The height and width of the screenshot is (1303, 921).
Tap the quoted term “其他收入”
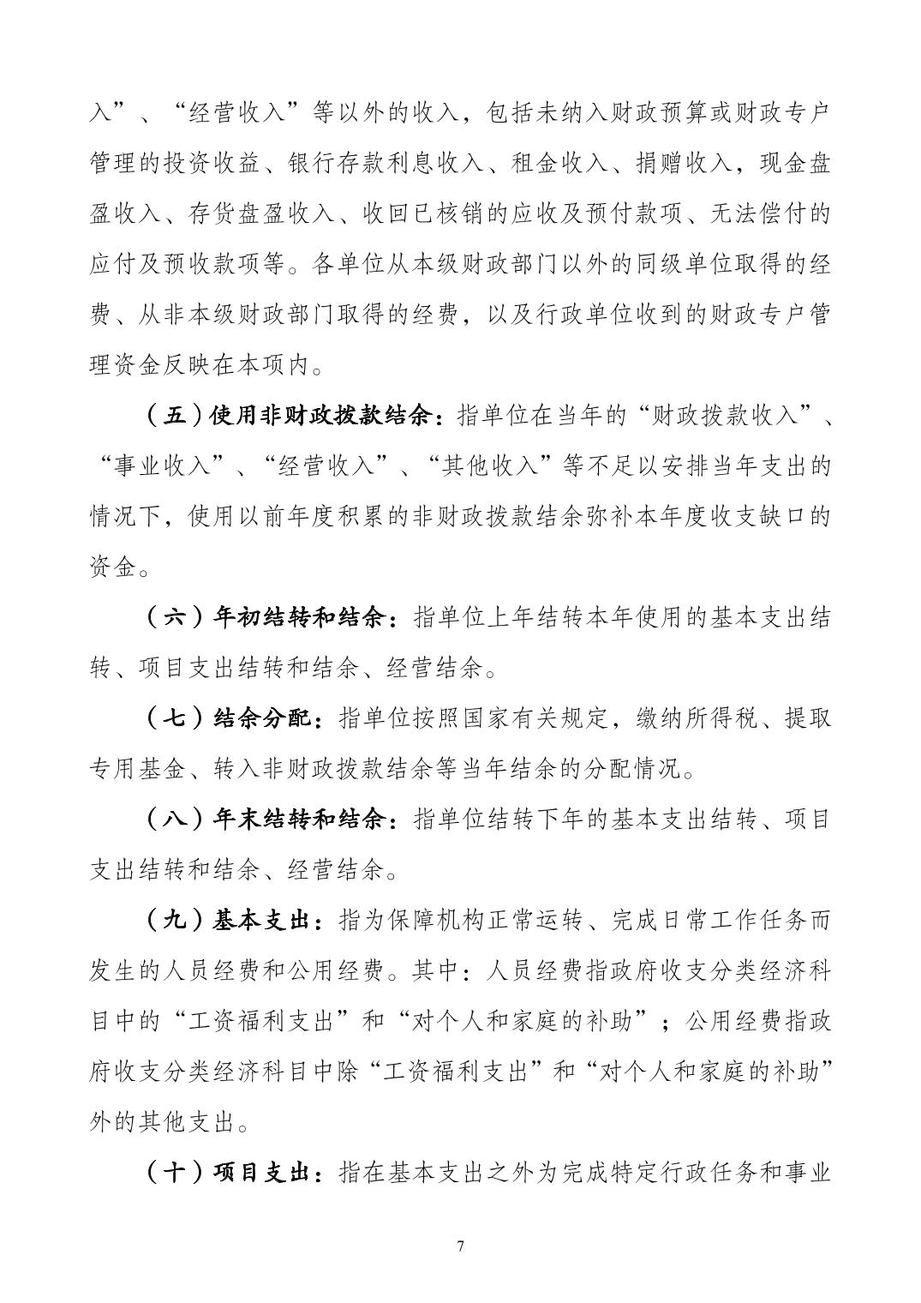coord(497,467)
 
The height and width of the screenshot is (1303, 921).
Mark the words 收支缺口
coord(757,518)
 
